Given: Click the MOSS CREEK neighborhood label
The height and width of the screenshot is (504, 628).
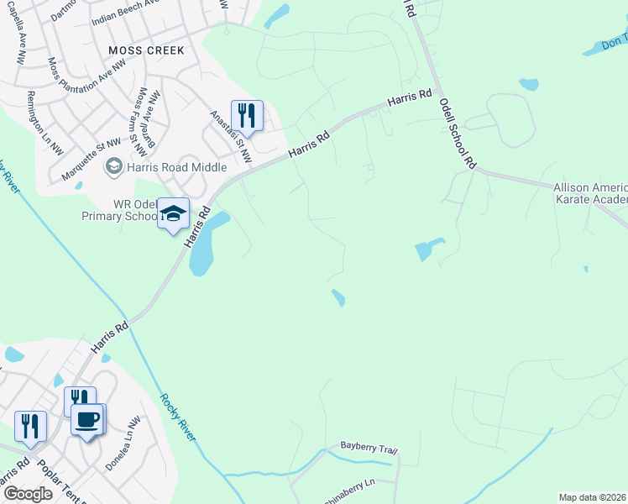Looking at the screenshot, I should tap(146, 50).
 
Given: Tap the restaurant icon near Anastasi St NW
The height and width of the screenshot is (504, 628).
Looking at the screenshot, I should tap(247, 114).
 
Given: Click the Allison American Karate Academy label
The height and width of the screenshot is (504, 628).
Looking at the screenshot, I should tap(590, 193).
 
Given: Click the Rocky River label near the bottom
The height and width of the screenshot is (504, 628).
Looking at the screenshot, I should tap(177, 417).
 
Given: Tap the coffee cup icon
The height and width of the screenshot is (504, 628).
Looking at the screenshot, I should tap(87, 418).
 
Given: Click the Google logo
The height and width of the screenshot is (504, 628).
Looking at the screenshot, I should tap(27, 493).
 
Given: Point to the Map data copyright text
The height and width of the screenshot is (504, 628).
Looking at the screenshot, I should tap(593, 497).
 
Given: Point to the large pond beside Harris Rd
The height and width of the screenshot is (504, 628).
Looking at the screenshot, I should tap(207, 243).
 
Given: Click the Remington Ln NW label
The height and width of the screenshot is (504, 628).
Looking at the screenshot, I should tap(44, 123).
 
